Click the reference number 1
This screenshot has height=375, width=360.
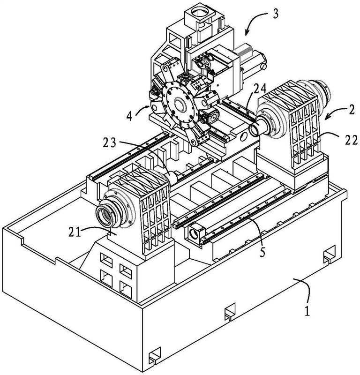307,311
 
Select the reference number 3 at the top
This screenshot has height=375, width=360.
276,14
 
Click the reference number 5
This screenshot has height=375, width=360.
263,252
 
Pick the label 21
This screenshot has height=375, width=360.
75,232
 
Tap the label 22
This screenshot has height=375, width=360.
351,140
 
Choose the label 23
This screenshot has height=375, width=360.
110,143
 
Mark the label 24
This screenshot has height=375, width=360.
260,90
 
